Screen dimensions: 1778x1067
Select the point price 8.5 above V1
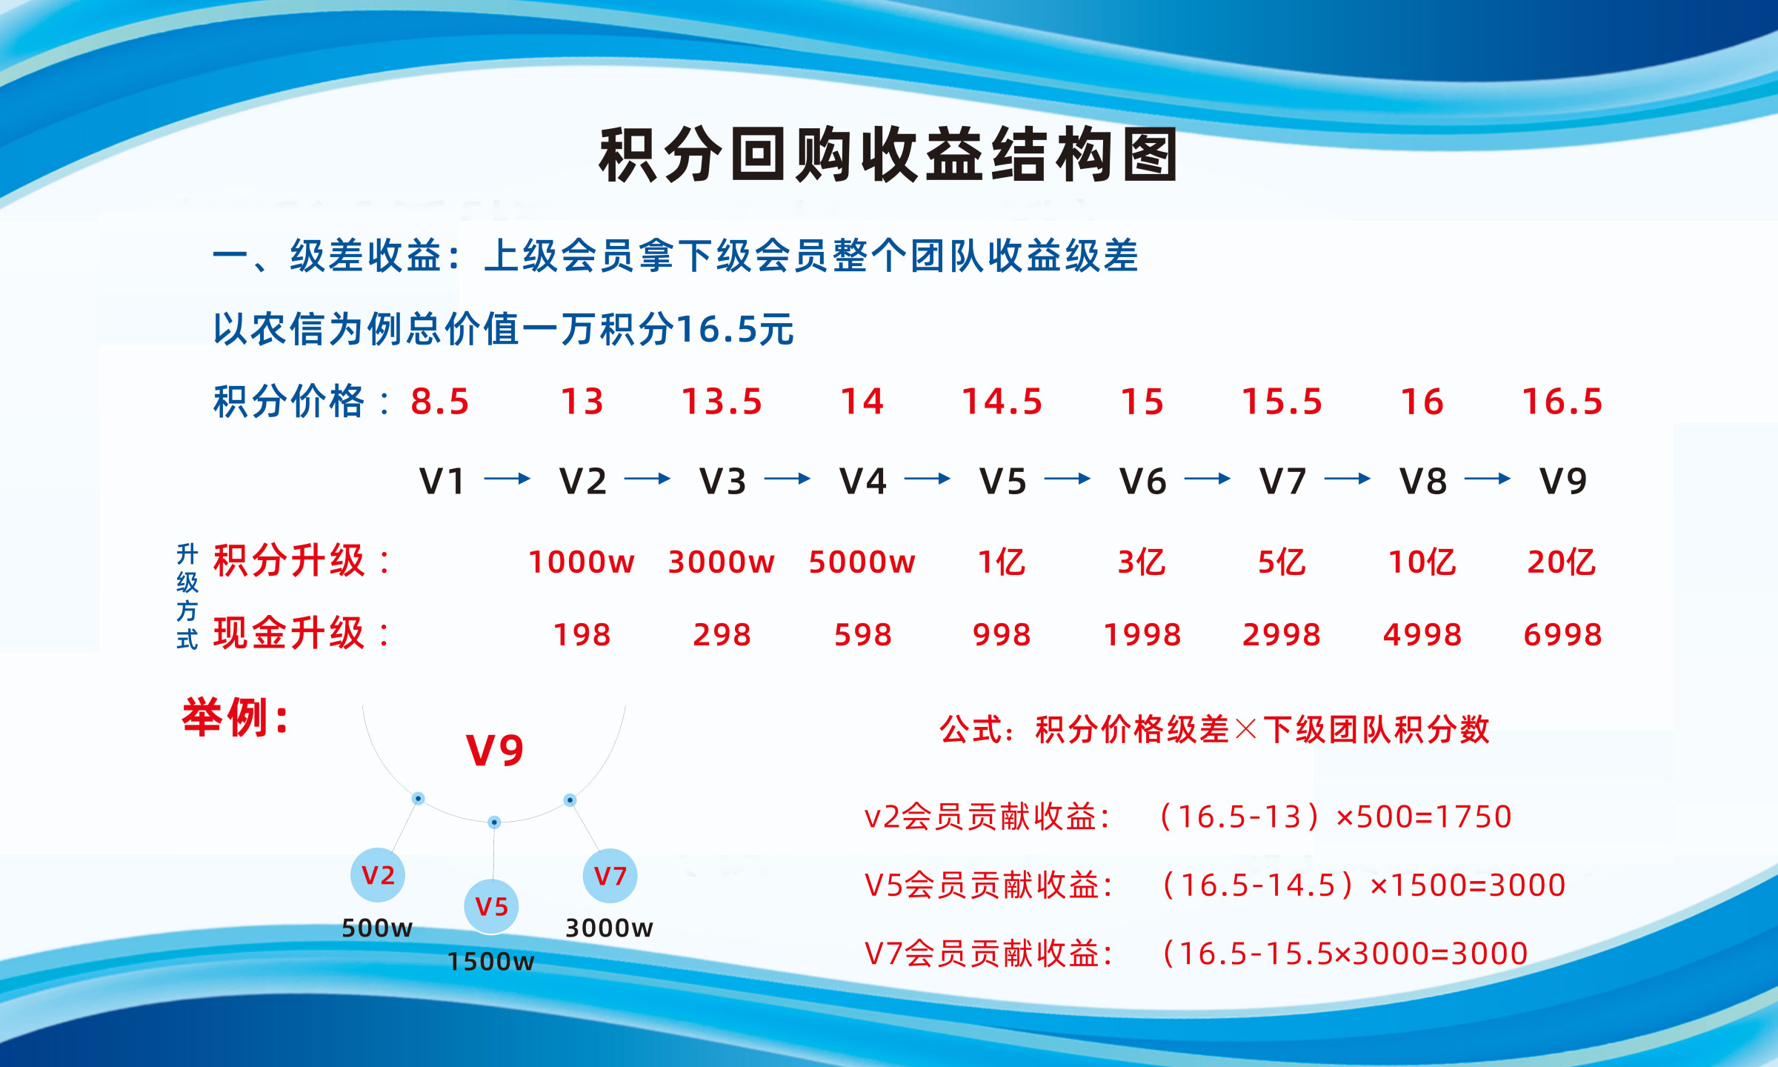point(440,402)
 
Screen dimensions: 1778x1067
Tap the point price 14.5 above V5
point(1002,402)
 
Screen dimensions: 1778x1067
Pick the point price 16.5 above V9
point(1562,402)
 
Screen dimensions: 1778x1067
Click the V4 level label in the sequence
point(862,481)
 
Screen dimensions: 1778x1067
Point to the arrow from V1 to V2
point(507,479)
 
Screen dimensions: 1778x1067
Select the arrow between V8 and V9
point(1488,479)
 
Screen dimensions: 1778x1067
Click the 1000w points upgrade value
point(582,562)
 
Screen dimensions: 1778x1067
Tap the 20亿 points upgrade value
point(1561,562)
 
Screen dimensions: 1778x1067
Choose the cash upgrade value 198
point(582,635)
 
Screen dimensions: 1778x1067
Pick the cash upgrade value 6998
point(1563,635)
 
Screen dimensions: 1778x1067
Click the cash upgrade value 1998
point(1142,635)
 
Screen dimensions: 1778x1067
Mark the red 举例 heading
point(236,717)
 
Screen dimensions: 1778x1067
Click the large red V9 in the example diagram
point(495,750)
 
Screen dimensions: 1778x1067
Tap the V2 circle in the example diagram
point(378,875)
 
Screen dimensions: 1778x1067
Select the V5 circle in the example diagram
point(491,906)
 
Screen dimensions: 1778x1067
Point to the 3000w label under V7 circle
point(609,928)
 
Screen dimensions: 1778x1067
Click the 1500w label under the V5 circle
point(490,961)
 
